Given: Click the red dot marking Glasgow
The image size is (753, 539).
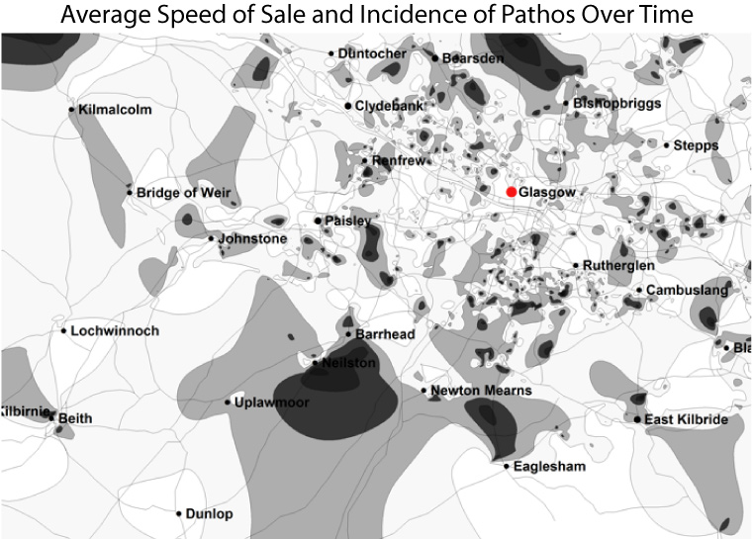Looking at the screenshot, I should [512, 191].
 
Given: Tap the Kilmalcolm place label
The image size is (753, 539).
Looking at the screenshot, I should [115, 110].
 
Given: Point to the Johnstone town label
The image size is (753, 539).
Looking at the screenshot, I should [252, 239].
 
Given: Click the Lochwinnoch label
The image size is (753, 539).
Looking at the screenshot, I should [115, 330].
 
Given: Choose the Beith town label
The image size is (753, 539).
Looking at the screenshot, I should [75, 418].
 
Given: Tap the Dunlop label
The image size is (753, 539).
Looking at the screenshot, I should [210, 514].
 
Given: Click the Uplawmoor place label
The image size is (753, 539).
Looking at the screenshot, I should [270, 403].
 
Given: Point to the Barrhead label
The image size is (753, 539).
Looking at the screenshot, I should [385, 335].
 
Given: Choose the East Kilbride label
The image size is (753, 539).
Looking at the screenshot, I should [686, 420].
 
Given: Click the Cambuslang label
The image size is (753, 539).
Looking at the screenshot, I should [688, 291].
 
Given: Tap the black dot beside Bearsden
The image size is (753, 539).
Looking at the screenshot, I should [434, 58].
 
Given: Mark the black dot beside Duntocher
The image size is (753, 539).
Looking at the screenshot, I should [330, 53].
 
